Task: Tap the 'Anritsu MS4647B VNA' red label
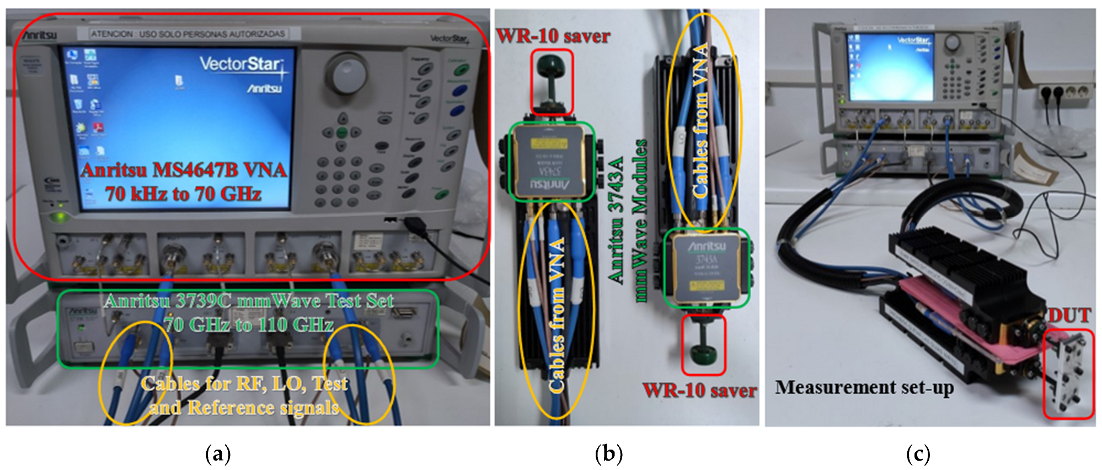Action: pyautogui.click(x=184, y=170)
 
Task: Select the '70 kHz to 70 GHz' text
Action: pyautogui.click(x=183, y=194)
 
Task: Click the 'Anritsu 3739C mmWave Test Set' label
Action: pyautogui.click(x=249, y=301)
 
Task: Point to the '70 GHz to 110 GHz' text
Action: pyautogui.click(x=249, y=324)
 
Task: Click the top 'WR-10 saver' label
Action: pyautogui.click(x=553, y=36)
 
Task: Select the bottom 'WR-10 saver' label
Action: pyautogui.click(x=699, y=391)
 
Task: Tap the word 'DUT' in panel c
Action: pyautogui.click(x=1069, y=316)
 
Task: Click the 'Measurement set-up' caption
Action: pyautogui.click(x=864, y=387)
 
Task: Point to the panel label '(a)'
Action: pyautogui.click(x=218, y=455)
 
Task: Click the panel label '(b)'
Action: pyautogui.click(x=609, y=455)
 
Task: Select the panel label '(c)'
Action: pyautogui.click(x=918, y=455)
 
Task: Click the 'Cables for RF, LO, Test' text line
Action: pyautogui.click(x=244, y=384)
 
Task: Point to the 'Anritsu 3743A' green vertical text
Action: pyautogui.click(x=616, y=221)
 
